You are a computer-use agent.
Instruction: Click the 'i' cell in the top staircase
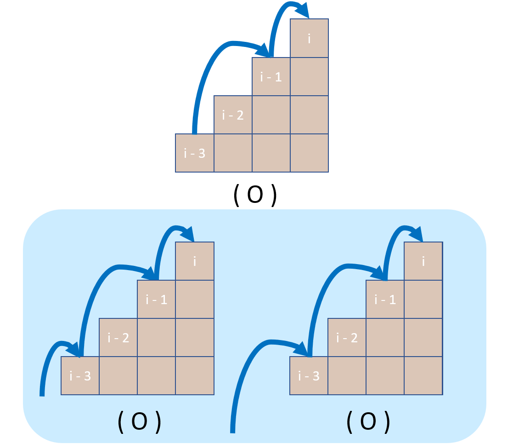pyautogui.click(x=309, y=38)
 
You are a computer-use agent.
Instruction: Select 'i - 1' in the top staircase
pyautogui.click(x=271, y=77)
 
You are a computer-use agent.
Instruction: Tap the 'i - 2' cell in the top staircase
pyautogui.click(x=233, y=115)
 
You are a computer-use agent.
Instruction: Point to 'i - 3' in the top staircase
pyautogui.click(x=195, y=153)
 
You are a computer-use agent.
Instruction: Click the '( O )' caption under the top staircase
pyautogui.click(x=255, y=196)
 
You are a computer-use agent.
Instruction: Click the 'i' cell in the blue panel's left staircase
pyautogui.click(x=195, y=261)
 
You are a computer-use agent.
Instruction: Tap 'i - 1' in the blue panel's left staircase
pyautogui.click(x=157, y=300)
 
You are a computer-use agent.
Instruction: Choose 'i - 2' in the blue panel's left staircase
pyautogui.click(x=118, y=338)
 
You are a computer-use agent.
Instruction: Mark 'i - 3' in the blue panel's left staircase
pyautogui.click(x=80, y=376)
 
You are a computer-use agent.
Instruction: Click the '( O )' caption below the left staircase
pyautogui.click(x=140, y=422)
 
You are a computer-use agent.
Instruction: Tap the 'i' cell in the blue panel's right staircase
pyautogui.click(x=423, y=261)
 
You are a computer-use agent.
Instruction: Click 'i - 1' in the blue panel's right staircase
pyautogui.click(x=385, y=300)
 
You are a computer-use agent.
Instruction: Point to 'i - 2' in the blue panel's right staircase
pyautogui.click(x=347, y=338)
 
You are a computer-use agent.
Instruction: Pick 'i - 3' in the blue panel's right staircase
pyautogui.click(x=309, y=376)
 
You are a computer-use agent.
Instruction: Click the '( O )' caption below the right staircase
pyautogui.click(x=368, y=421)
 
